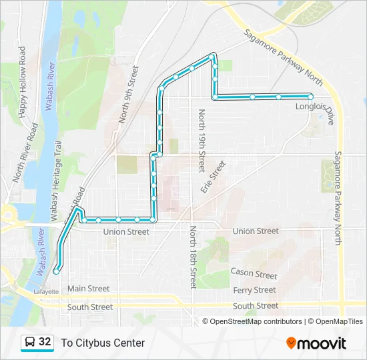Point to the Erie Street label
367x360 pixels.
point(214,176)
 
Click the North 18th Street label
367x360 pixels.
point(192,257)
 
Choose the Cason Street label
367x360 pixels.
point(253,273)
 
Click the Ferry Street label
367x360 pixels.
point(254,290)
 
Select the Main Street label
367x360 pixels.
point(88,289)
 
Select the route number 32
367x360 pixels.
point(45,342)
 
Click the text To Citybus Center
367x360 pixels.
point(103,343)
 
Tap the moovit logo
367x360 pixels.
point(316,343)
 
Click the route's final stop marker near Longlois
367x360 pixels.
point(311,97)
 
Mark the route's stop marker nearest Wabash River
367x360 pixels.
point(57,271)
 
